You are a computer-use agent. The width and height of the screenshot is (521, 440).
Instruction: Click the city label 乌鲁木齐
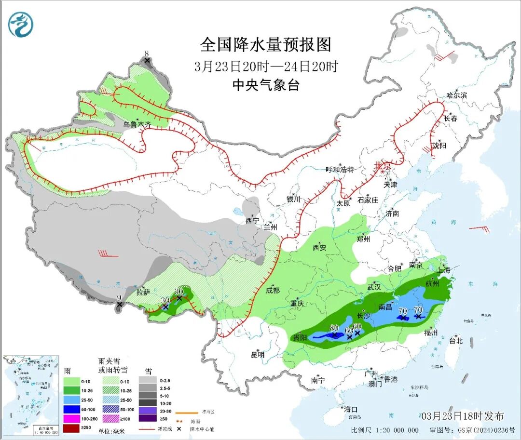point(137,124)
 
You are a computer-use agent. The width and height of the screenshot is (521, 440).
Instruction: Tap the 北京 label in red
point(384,166)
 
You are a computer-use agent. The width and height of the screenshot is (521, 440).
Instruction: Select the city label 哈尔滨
point(456,95)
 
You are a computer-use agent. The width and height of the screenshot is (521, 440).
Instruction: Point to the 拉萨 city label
point(143,292)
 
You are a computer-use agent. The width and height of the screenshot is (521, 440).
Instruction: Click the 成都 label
point(273,290)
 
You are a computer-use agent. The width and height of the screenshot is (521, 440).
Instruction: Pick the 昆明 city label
point(258,355)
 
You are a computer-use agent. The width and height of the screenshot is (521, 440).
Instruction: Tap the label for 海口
point(351,409)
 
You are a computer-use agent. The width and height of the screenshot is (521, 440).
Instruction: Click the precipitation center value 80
point(334,328)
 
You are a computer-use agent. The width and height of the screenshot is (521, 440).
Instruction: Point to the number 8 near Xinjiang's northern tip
point(147,53)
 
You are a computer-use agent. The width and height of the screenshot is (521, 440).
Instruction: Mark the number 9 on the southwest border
point(119,297)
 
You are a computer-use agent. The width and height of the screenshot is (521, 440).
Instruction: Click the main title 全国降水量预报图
point(266,45)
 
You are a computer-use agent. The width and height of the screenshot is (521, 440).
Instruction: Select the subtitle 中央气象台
point(266,85)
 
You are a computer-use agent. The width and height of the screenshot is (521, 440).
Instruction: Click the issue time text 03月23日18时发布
point(462,416)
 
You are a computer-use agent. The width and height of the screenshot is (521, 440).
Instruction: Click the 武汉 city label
point(374,287)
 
